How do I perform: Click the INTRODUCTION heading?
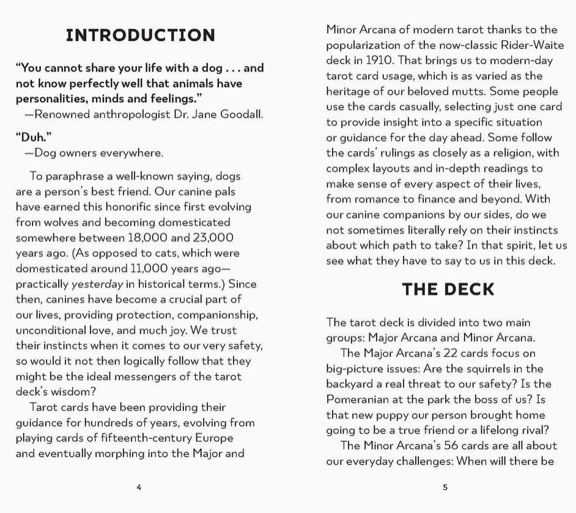140,35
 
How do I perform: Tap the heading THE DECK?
448,289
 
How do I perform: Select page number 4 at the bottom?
139,487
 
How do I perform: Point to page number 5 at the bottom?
445,487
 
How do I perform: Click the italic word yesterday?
97,284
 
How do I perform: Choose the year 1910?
380,61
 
